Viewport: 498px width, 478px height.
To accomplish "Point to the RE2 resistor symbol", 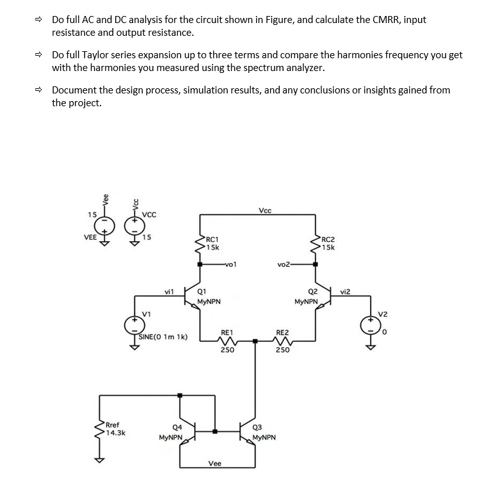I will pyautogui.click(x=282, y=342).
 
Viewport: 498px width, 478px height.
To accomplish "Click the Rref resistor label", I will pyautogui.click(x=113, y=424).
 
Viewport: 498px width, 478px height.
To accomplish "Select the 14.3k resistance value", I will pyautogui.click(x=115, y=433).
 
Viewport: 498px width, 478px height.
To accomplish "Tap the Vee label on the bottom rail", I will pyautogui.click(x=215, y=463).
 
